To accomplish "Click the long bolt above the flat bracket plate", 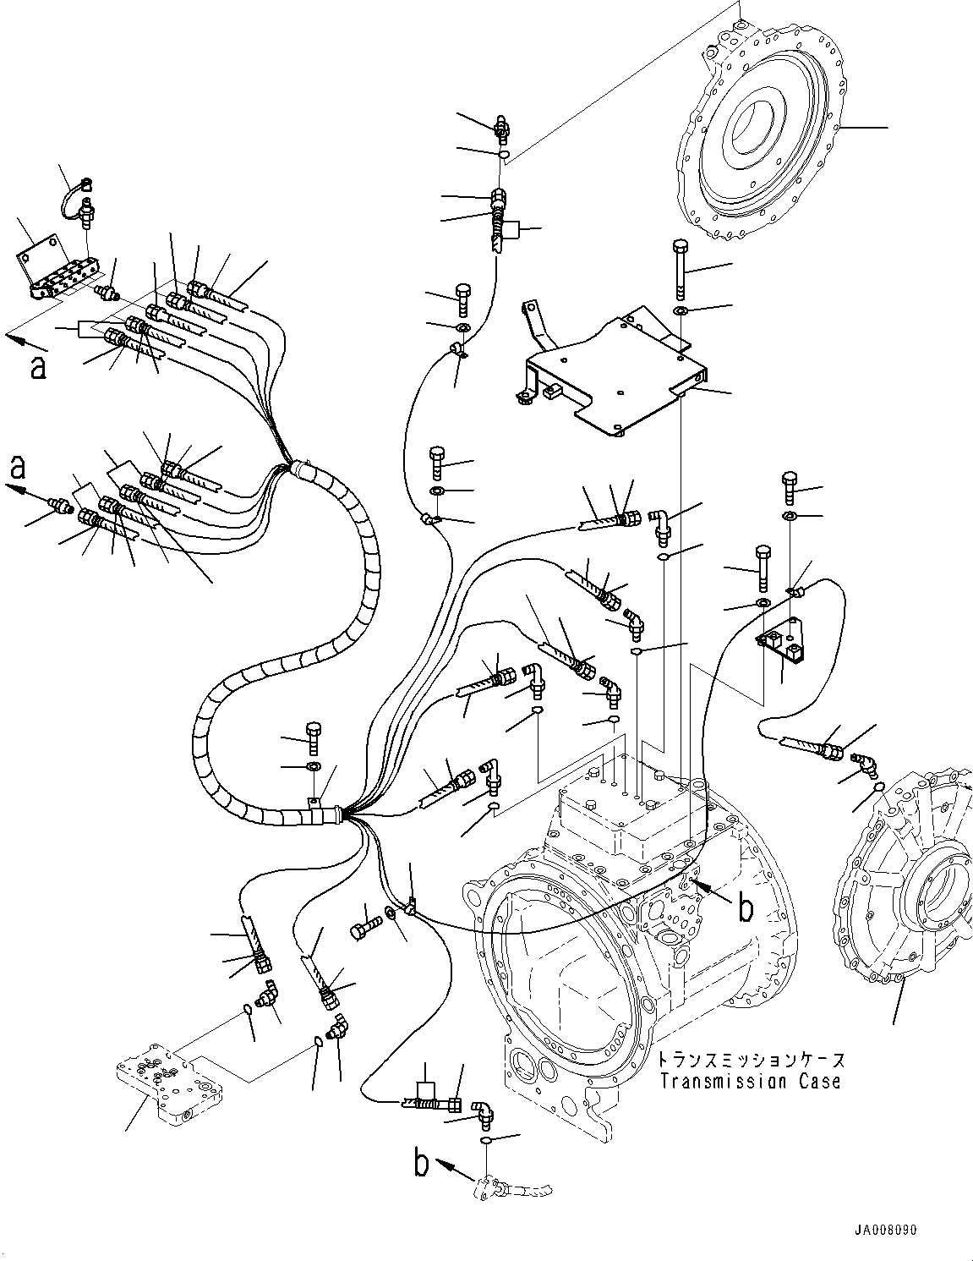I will [681, 269].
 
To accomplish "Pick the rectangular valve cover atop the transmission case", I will [621, 803].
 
